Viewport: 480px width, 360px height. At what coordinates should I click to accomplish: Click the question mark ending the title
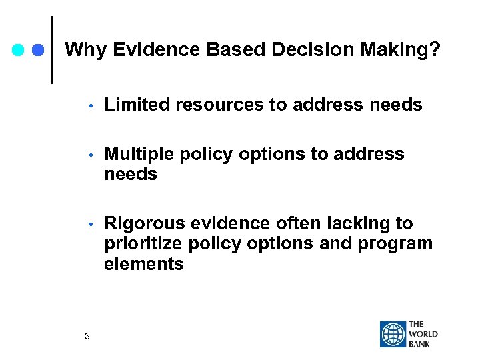[435, 49]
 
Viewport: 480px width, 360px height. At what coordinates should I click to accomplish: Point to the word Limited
[136, 105]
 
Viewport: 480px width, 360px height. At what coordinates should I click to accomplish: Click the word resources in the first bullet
[215, 105]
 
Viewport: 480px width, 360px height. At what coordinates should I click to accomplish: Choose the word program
[394, 244]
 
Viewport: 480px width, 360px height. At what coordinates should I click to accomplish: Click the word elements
[143, 265]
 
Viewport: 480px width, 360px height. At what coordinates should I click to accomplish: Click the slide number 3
[87, 336]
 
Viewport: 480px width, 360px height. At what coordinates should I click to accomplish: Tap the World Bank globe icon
[393, 334]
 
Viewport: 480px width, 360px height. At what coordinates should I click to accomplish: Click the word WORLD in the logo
[423, 334]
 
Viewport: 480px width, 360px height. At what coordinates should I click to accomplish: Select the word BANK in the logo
[420, 343]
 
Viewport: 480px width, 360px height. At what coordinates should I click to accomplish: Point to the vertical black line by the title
[53, 50]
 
